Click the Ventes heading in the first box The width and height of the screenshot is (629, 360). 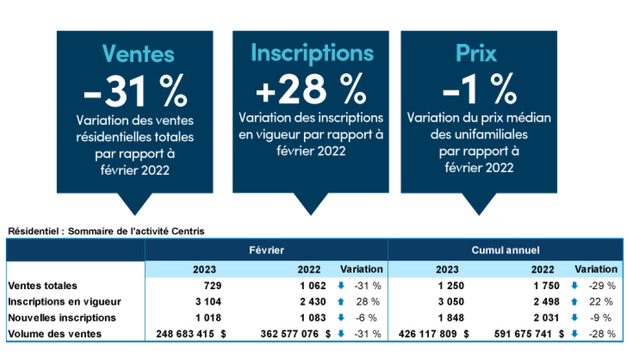pos(138,54)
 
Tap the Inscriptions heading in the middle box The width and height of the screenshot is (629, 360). pos(312,53)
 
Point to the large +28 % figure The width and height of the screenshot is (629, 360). pos(311,90)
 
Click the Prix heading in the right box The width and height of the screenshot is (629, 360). pos(476,54)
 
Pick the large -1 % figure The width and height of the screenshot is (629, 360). pos(479,90)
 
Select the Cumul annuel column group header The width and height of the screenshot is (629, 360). pos(505,250)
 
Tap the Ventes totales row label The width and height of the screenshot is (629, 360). pos(43,286)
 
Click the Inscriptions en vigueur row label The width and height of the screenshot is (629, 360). pos(64,302)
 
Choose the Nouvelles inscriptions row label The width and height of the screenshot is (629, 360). pos(62,318)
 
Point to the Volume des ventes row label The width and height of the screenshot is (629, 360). pos(55,334)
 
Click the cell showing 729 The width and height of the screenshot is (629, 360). pos(212,286)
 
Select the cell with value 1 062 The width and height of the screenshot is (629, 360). pos(308,286)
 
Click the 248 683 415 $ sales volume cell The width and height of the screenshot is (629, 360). pos(191,334)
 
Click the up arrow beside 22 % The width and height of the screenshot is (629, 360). pos(575,302)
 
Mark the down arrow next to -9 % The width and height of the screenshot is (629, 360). pos(575,318)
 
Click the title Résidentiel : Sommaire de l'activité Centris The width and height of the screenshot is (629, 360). pos(106,231)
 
